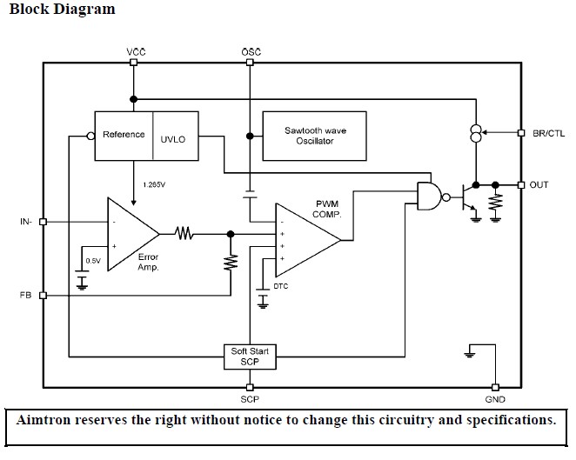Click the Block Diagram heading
click(x=62, y=10)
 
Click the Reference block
click(x=124, y=135)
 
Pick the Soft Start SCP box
click(x=249, y=356)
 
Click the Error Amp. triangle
click(x=131, y=234)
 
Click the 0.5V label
click(x=92, y=261)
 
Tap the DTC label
click(x=281, y=286)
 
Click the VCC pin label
click(x=136, y=52)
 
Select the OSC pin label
click(x=251, y=52)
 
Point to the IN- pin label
click(x=25, y=222)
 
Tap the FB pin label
click(x=25, y=296)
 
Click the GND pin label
click(x=494, y=399)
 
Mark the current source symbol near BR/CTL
click(x=476, y=132)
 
